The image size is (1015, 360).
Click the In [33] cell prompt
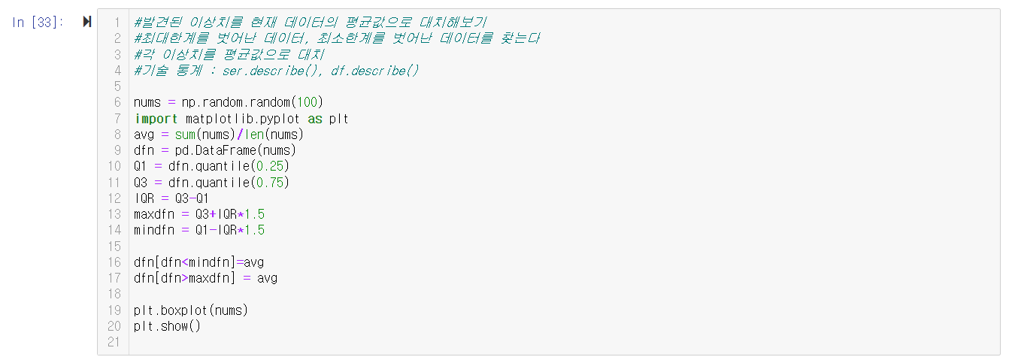point(38,23)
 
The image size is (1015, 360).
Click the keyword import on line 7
point(156,119)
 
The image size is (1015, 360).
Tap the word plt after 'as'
point(338,119)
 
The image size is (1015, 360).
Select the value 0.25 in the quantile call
point(269,166)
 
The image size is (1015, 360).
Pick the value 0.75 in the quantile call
point(269,183)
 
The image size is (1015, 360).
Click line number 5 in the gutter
point(117,86)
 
